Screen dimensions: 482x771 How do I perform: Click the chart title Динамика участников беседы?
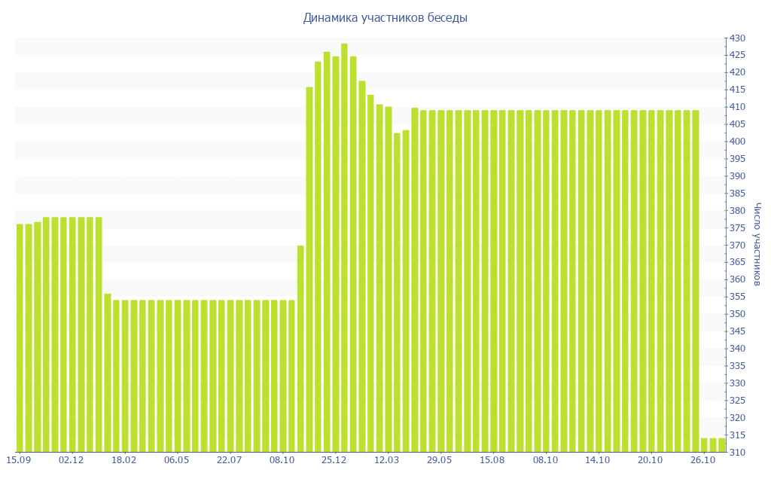point(385,17)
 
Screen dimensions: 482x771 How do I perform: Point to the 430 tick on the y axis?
point(736,38)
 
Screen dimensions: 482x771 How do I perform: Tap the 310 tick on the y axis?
point(736,453)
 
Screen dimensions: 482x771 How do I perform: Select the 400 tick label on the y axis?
point(736,142)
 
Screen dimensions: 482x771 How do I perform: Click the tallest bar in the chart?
point(344,249)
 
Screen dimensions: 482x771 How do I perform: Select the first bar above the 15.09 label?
point(20,339)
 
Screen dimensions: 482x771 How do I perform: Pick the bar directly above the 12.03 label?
point(388,279)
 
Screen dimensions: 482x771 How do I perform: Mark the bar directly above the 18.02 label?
point(125,377)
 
